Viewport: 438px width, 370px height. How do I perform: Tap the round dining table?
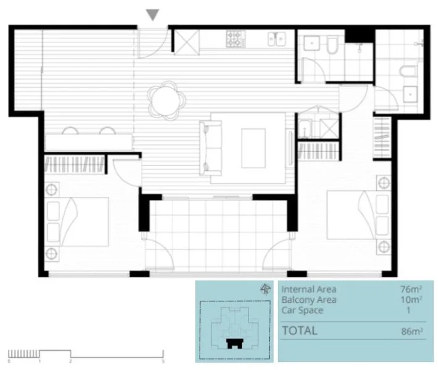pyautogui.click(x=166, y=99)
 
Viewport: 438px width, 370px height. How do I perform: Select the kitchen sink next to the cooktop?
pyautogui.click(x=274, y=39)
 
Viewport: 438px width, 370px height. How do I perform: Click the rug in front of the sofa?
pyautogui.click(x=254, y=148)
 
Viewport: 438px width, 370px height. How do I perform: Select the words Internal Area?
pyautogui.click(x=310, y=289)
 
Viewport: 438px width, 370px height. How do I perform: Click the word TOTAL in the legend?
pyautogui.click(x=300, y=331)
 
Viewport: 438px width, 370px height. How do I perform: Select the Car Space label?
pyautogui.click(x=302, y=310)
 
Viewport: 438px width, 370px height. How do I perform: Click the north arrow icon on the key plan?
pyautogui.click(x=266, y=287)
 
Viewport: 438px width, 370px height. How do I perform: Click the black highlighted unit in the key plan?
pyautogui.click(x=234, y=343)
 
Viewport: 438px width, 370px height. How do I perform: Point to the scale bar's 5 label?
pyautogui.click(x=163, y=361)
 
